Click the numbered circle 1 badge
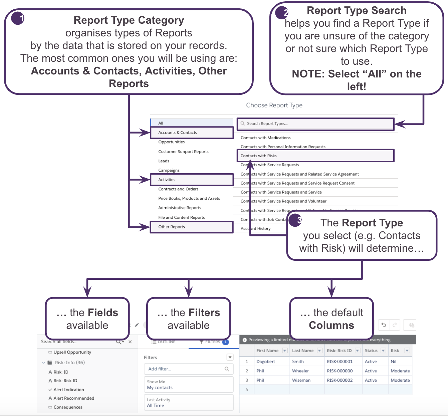click(x=18, y=18)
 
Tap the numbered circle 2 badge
click(x=282, y=13)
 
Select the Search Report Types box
click(x=315, y=124)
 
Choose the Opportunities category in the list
click(x=171, y=142)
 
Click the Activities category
click(x=167, y=180)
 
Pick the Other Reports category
click(x=171, y=227)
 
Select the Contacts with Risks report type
click(x=258, y=156)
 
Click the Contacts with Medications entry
click(x=265, y=138)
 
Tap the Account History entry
click(x=255, y=228)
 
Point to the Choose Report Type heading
click(x=274, y=105)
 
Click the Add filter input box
click(x=188, y=369)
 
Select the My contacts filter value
click(x=160, y=388)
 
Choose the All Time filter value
click(x=156, y=406)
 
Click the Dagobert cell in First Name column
click(x=265, y=362)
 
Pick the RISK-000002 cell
click(x=340, y=380)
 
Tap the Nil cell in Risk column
click(x=394, y=362)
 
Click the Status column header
click(x=371, y=351)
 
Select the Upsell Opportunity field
click(x=72, y=352)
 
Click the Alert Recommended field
click(x=74, y=398)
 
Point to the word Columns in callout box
click(x=331, y=325)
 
